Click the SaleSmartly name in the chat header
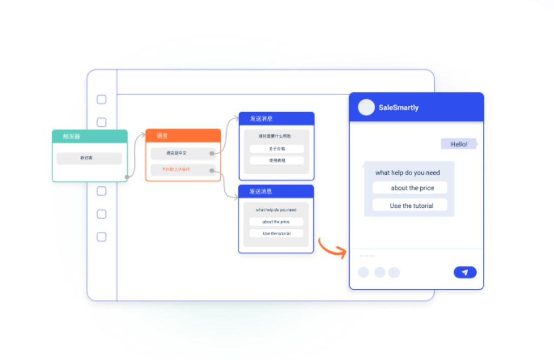[398, 107]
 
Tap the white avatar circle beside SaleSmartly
[366, 107]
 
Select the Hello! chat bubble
[459, 144]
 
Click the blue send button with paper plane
[465, 273]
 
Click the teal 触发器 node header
[90, 137]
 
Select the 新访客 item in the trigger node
[89, 158]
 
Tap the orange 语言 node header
[183, 135]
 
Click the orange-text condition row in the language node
[180, 169]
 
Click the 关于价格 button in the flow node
[277, 148]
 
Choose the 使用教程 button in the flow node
[277, 160]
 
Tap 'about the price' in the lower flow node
[276, 222]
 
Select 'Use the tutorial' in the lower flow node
[276, 234]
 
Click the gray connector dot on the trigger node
[127, 176]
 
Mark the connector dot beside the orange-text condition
[212, 171]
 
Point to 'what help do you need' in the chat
[407, 173]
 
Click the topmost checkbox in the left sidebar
[101, 99]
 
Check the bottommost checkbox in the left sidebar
[101, 237]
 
